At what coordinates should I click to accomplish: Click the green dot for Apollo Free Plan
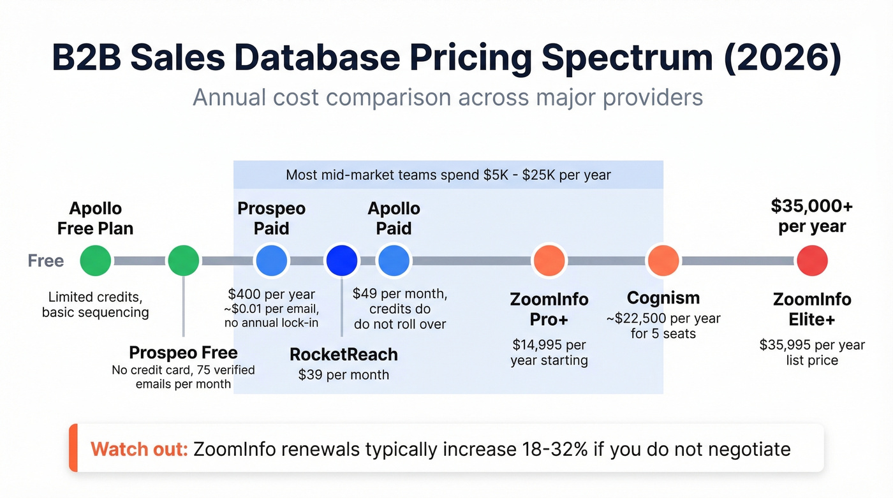pyautogui.click(x=96, y=261)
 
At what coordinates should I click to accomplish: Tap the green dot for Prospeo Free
pyautogui.click(x=184, y=261)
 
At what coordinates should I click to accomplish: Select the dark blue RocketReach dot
pyautogui.click(x=341, y=261)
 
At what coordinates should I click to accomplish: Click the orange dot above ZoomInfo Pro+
pyautogui.click(x=549, y=261)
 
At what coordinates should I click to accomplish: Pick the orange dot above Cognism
pyautogui.click(x=663, y=261)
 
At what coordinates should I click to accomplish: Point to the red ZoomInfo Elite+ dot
pyautogui.click(x=812, y=261)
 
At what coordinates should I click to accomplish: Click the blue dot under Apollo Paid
pyautogui.click(x=394, y=261)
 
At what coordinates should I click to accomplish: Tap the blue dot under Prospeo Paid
pyautogui.click(x=272, y=261)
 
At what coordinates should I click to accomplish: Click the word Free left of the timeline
pyautogui.click(x=46, y=261)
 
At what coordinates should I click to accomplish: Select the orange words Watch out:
pyautogui.click(x=139, y=449)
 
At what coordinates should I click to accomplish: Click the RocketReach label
pyautogui.click(x=343, y=355)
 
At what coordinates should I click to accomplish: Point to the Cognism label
pyautogui.click(x=663, y=298)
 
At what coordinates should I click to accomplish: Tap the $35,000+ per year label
pyautogui.click(x=811, y=216)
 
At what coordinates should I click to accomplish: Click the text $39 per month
pyautogui.click(x=343, y=374)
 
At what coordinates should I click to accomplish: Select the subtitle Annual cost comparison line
pyautogui.click(x=447, y=98)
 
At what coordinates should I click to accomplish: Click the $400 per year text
pyautogui.click(x=272, y=294)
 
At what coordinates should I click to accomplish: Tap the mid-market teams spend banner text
pyautogui.click(x=448, y=175)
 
